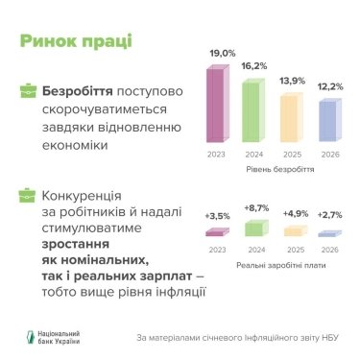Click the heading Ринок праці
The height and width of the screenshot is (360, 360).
pyautogui.click(x=76, y=41)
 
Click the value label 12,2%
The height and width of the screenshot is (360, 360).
pyautogui.click(x=328, y=86)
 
